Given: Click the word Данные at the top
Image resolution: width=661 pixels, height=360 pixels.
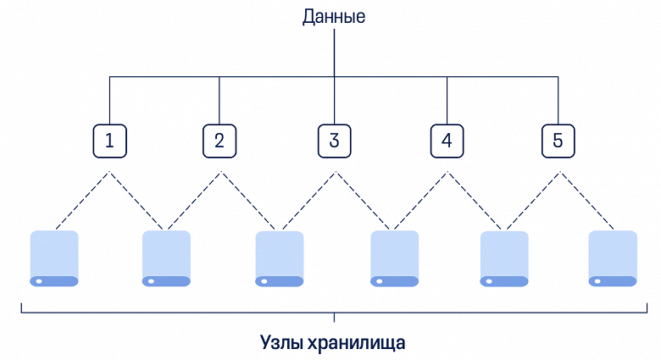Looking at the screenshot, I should pyautogui.click(x=334, y=16).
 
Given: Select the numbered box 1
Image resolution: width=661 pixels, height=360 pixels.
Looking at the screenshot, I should pyautogui.click(x=109, y=141).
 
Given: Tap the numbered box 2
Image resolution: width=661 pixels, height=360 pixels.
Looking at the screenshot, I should pyautogui.click(x=219, y=141).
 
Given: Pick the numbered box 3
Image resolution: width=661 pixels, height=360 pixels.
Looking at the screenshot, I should pyautogui.click(x=334, y=141).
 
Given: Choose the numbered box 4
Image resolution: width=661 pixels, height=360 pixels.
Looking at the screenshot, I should pyautogui.click(x=447, y=141).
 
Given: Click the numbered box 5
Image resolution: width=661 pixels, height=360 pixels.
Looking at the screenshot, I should pyautogui.click(x=558, y=141).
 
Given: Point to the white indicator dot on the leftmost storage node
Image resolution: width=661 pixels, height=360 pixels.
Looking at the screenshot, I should pyautogui.click(x=38, y=280).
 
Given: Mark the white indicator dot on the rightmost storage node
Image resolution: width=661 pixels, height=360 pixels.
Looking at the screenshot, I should pyautogui.click(x=597, y=280).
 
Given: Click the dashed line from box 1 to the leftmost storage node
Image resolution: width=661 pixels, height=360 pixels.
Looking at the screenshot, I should pyautogui.click(x=81, y=201).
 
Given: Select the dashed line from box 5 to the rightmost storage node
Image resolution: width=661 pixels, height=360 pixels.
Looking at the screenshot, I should pyautogui.click(x=586, y=201).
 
